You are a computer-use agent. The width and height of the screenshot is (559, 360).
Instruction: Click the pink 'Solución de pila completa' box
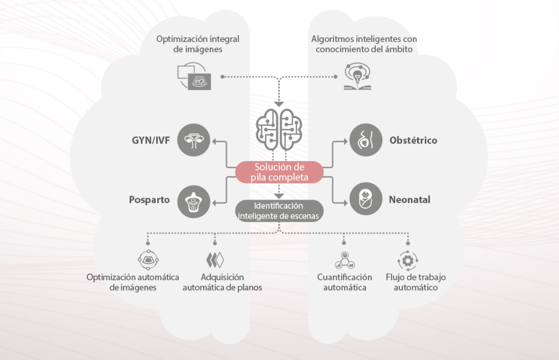pyautogui.click(x=279, y=172)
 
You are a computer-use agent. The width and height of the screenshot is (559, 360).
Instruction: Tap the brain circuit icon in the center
pyautogui.click(x=279, y=130)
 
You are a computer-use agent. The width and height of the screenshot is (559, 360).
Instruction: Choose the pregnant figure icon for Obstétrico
pyautogui.click(x=366, y=140)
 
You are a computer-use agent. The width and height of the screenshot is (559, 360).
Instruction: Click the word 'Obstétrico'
pyautogui.click(x=413, y=140)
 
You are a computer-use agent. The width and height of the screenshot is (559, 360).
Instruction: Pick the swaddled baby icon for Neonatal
pyautogui.click(x=366, y=200)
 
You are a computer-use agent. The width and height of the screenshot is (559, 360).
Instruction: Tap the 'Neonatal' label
pyautogui.click(x=410, y=200)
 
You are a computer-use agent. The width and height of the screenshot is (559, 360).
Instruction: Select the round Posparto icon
pyautogui.click(x=194, y=200)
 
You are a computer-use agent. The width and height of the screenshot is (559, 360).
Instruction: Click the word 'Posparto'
pyautogui.click(x=150, y=200)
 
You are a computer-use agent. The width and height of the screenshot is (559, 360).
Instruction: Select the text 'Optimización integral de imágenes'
pyautogui.click(x=197, y=44)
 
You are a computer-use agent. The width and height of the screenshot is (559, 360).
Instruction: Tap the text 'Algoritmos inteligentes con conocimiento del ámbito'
pyautogui.click(x=364, y=44)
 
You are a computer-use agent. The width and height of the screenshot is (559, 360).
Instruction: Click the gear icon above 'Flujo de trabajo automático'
pyautogui.click(x=408, y=260)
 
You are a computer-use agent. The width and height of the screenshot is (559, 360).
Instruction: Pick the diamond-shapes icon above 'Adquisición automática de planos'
pyautogui.click(x=215, y=260)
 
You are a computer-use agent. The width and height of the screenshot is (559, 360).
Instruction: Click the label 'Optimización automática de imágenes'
pyautogui.click(x=133, y=282)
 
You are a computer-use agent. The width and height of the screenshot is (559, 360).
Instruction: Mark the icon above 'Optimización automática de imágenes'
pyautogui.click(x=148, y=260)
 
